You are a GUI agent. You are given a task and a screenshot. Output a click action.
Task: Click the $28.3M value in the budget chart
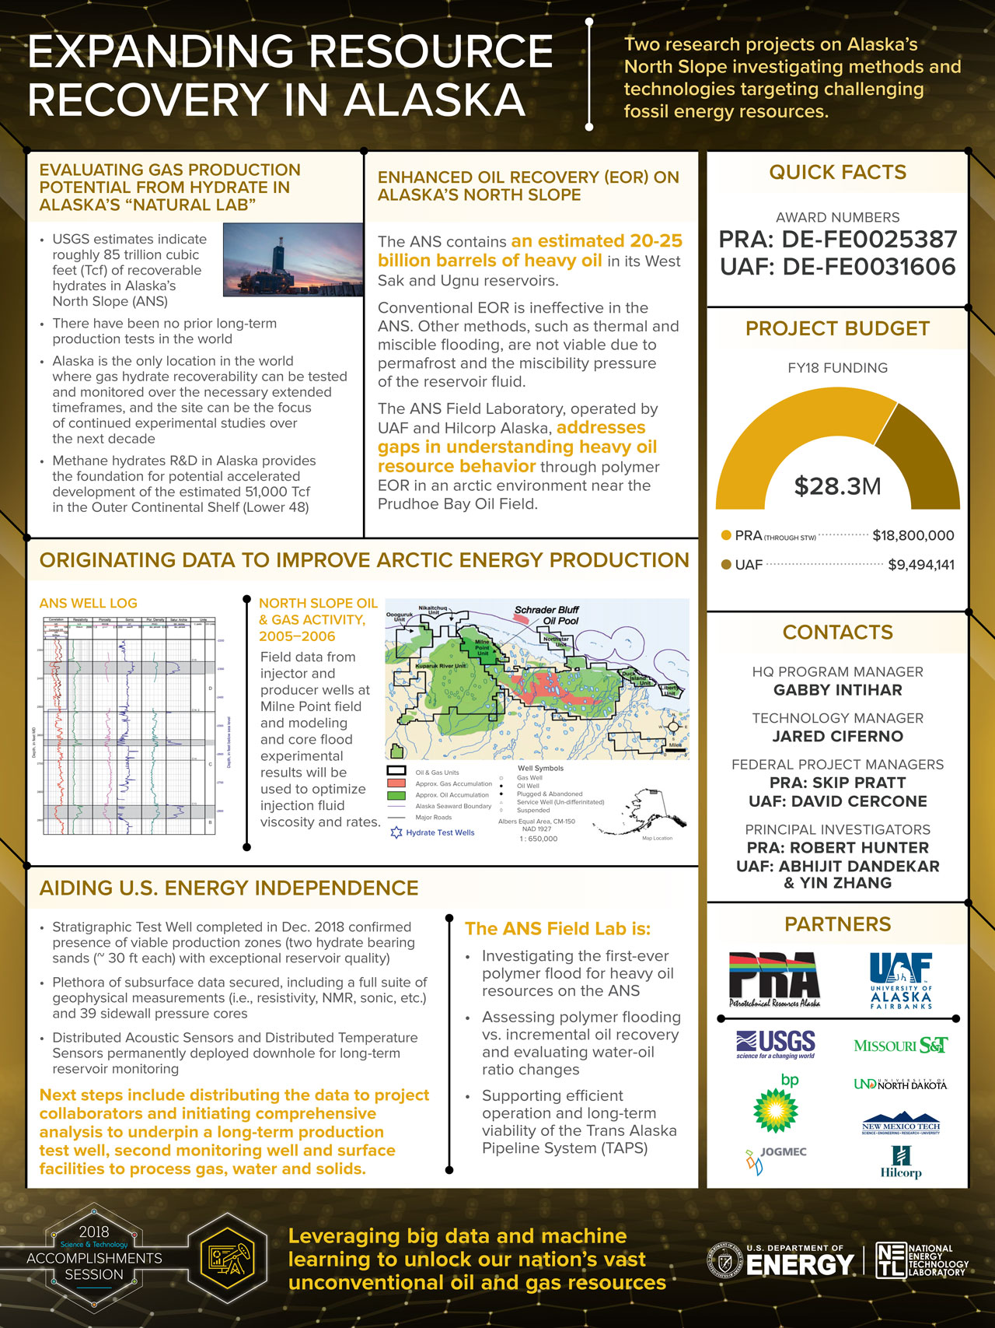[837, 486]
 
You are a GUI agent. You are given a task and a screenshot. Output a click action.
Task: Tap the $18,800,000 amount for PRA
[913, 535]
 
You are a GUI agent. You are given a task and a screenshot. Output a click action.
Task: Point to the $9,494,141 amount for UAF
[920, 565]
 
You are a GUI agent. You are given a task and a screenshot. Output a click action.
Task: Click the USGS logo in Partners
[776, 1044]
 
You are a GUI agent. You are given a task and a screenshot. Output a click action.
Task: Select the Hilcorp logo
[901, 1162]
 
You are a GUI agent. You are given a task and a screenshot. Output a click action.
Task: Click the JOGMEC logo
[774, 1157]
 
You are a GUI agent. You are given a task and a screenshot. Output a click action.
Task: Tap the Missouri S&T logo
[900, 1045]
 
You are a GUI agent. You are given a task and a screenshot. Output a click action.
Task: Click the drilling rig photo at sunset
[292, 260]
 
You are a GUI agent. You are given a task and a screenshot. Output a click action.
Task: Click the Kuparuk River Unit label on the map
[440, 666]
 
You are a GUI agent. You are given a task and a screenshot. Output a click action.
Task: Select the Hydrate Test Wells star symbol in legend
[396, 832]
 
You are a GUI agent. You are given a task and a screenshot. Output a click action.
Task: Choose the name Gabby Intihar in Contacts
[837, 690]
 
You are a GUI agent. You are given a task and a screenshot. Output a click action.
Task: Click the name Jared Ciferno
[837, 736]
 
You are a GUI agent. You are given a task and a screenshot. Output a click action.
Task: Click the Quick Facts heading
[837, 172]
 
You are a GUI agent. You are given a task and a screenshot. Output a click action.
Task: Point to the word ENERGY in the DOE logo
[800, 1266]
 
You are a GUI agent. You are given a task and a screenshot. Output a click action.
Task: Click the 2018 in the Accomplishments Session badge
[94, 1232]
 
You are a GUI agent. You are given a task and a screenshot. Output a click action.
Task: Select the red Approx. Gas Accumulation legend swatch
[396, 783]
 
